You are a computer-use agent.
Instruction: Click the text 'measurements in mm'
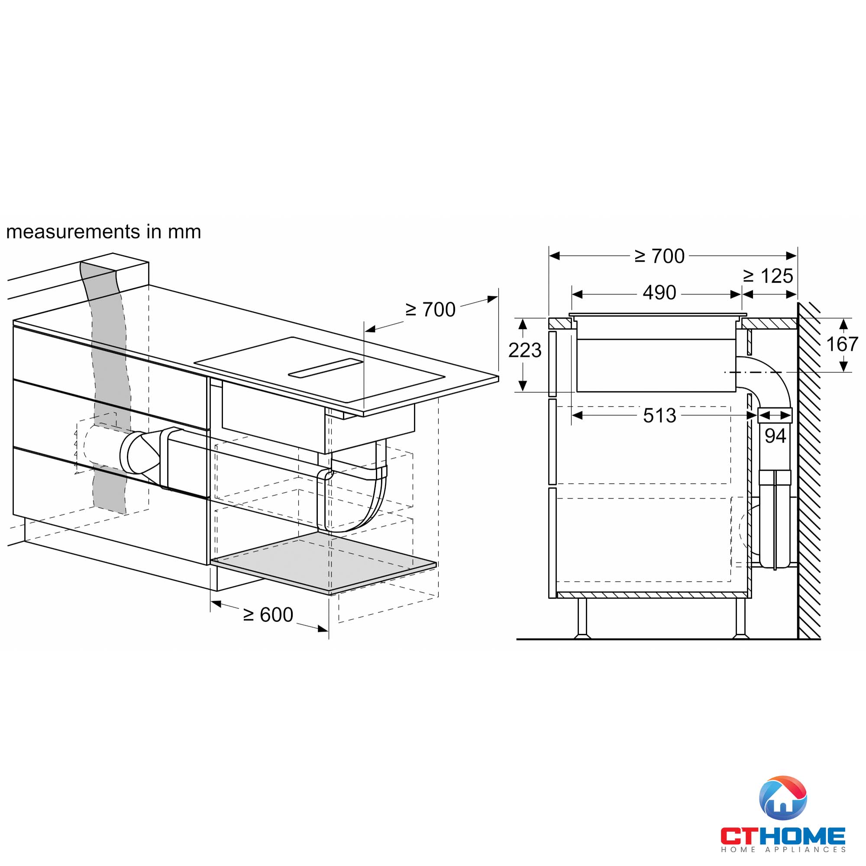103,232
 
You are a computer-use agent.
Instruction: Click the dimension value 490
659,293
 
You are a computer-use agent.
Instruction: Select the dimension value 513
659,416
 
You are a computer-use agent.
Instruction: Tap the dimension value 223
524,350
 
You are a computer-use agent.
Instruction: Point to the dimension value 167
842,344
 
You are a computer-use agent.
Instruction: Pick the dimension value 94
775,436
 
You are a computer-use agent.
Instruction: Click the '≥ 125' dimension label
768,276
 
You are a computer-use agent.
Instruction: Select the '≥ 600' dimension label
268,615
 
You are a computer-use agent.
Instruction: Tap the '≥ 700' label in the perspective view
430,310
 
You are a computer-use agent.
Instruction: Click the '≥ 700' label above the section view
659,256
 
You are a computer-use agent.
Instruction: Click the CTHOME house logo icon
782,798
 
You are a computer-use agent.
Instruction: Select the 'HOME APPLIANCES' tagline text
782,850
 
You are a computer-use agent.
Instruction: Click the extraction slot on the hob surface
325,368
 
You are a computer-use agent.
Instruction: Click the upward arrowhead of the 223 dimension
522,323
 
